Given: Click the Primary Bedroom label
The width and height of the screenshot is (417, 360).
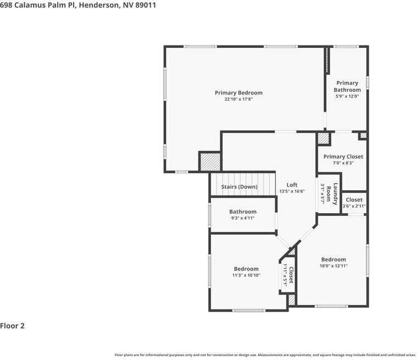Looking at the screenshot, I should pos(238,93).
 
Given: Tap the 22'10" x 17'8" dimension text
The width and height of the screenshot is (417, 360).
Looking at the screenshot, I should pos(238,99).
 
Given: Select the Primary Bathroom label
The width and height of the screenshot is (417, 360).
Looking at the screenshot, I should pos(347,86).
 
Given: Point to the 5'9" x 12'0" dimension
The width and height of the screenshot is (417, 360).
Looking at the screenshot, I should pos(347,96).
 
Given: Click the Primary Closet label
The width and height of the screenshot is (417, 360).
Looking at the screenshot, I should pos(343,157).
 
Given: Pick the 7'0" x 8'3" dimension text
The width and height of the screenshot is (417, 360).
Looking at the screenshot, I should pos(343,163).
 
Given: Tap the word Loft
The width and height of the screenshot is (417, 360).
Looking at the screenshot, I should pos(292,185).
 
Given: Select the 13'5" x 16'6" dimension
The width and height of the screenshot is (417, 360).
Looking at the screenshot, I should pos(292,191).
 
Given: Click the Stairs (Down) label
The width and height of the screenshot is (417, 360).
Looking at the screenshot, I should pos(239,187).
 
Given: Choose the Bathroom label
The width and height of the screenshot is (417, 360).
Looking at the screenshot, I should pos(243,212).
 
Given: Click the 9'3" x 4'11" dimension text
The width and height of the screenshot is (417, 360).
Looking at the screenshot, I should pos(243,218).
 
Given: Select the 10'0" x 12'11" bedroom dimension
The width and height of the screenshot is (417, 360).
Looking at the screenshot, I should pos(333,266).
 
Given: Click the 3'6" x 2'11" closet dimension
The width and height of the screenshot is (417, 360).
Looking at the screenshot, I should pos(354,207).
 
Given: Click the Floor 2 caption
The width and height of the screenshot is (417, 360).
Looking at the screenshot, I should pos(13,326).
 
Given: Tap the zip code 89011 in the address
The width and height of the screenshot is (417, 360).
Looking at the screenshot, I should pos(136,4).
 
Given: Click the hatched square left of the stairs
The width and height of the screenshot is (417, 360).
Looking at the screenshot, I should pos(209,162).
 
